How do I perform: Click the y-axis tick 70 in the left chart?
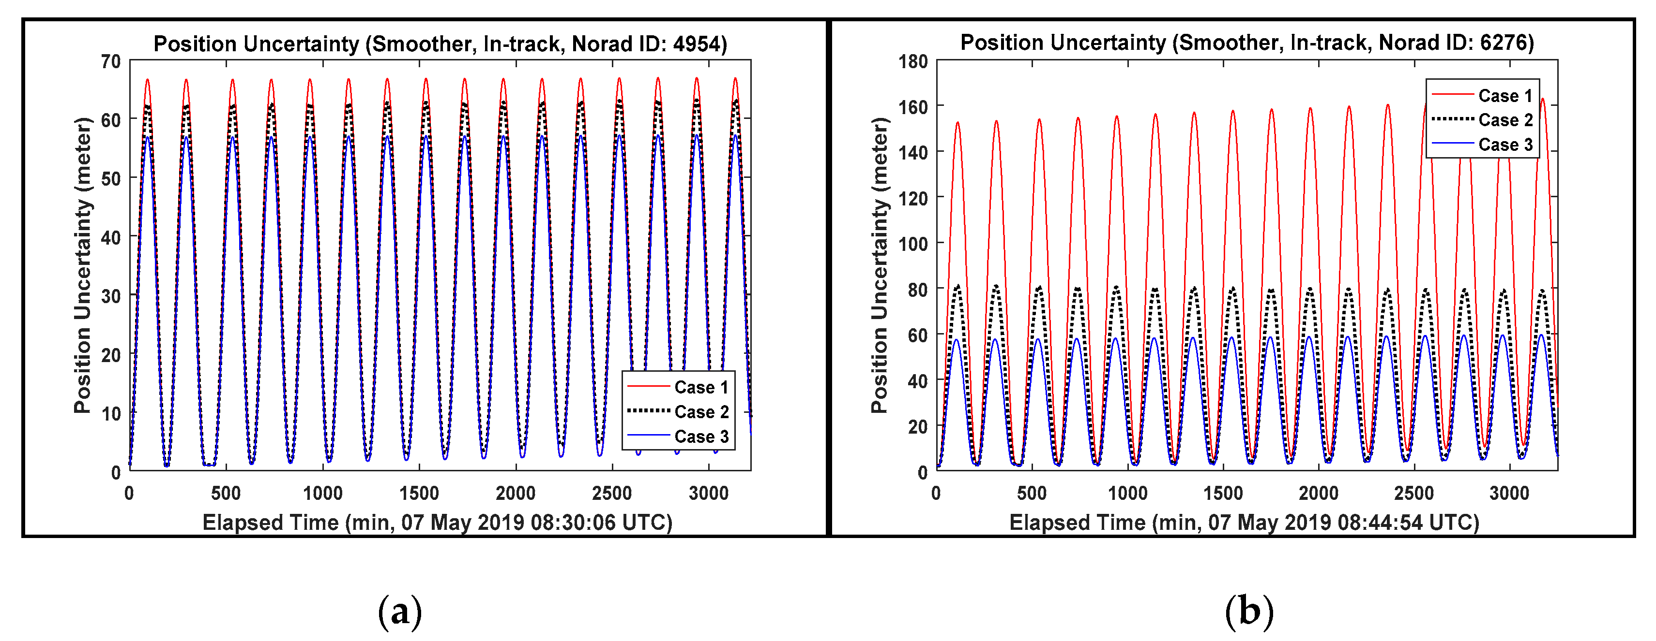click(110, 62)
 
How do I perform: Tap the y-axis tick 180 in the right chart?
click(913, 62)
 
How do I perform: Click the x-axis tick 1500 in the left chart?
click(419, 493)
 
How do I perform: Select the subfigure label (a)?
click(400, 611)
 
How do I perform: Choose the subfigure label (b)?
click(1248, 611)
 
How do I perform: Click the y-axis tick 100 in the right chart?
click(913, 244)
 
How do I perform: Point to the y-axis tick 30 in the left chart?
click(110, 296)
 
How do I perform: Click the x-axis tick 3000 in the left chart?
click(708, 493)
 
